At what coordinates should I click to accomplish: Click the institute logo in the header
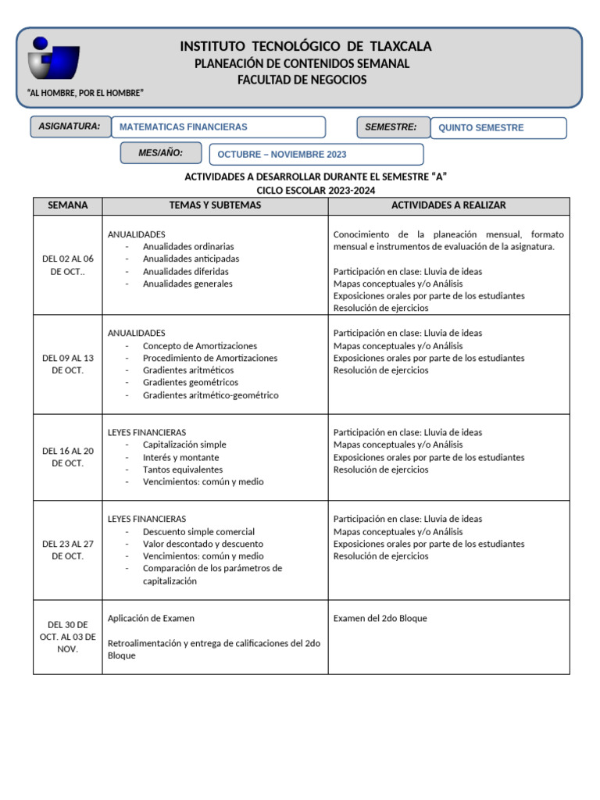click(53, 59)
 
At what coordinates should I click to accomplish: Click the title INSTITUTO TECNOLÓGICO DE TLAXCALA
click(305, 47)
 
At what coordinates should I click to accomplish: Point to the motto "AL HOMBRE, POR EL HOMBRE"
click(85, 94)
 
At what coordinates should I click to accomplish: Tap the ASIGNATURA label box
click(70, 127)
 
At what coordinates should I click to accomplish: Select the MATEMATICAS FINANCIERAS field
click(218, 127)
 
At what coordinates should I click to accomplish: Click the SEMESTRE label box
click(391, 127)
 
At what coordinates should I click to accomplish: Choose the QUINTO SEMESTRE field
click(498, 128)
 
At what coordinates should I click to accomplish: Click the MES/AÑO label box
click(161, 153)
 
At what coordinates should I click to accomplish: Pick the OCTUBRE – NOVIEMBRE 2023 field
click(316, 155)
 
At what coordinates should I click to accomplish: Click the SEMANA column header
click(68, 205)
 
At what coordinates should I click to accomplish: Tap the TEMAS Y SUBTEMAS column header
click(215, 205)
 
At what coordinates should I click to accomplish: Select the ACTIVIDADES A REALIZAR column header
click(448, 205)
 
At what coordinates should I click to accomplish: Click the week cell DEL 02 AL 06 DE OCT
click(68, 265)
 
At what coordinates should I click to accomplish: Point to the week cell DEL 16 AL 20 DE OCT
click(68, 457)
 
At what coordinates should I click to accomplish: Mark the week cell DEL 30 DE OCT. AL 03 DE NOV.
click(68, 637)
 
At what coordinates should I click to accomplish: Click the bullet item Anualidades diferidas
click(187, 271)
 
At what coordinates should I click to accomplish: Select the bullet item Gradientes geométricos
click(191, 383)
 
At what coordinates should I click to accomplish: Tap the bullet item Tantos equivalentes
click(183, 470)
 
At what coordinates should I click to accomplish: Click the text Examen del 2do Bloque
click(380, 619)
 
